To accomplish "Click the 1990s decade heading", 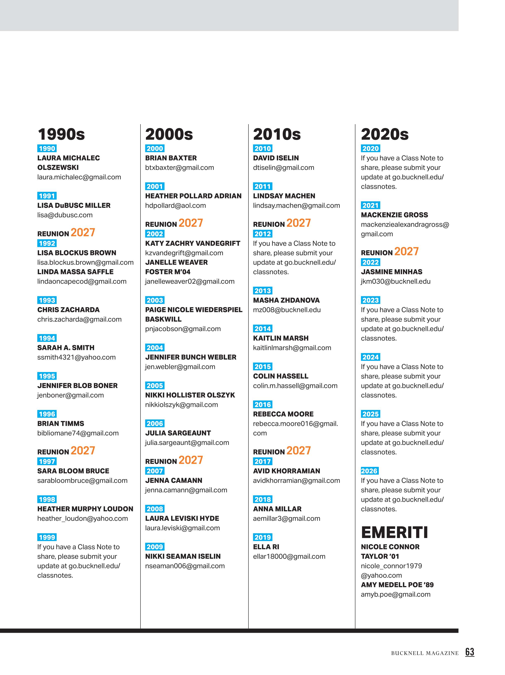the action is point(61,134).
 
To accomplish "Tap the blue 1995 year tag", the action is point(47,376).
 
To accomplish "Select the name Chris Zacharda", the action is point(68,310).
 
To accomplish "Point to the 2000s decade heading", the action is point(169,134).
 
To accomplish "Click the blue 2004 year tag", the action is point(155,348).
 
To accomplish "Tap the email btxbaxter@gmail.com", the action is point(180,168).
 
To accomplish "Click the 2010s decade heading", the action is point(277,134).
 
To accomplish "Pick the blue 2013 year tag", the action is point(263,291).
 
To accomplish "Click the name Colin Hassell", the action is point(281,376).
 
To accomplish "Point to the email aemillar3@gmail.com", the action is point(287,518).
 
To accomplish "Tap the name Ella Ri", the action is point(266,547).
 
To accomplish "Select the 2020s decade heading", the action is point(385,134).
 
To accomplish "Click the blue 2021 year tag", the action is point(371,205).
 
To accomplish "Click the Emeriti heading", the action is point(394,532).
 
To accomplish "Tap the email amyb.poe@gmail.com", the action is point(396,595).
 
